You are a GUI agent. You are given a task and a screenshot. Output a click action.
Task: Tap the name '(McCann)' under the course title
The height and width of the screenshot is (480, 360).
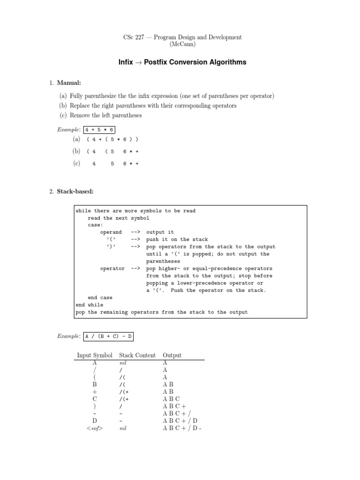pos(180,45)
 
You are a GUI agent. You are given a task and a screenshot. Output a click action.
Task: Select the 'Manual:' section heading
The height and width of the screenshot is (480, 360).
pos(69,83)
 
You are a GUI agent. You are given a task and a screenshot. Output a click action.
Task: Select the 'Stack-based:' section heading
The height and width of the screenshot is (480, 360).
pos(75,191)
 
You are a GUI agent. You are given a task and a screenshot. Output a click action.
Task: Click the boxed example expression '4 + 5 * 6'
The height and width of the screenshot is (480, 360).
pos(100,129)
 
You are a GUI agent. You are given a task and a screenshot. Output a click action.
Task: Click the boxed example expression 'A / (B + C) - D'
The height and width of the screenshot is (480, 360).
pos(109,336)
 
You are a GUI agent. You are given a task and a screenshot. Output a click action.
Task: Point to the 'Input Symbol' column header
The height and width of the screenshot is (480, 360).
pos(94,355)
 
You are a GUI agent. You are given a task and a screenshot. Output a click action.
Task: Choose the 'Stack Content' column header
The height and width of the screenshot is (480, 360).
pos(137,355)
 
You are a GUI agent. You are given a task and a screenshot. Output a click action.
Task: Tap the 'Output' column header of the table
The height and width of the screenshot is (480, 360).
pos(172,355)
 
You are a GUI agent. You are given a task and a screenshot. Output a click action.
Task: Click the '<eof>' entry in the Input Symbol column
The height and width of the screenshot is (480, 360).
pos(94,428)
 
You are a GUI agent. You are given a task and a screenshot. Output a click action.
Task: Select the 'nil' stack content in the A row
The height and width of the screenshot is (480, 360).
pos(124,363)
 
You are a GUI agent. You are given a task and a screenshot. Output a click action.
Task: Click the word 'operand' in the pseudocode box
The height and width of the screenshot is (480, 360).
pos(111,232)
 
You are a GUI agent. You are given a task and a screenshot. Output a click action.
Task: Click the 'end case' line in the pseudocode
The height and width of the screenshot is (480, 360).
pos(100,297)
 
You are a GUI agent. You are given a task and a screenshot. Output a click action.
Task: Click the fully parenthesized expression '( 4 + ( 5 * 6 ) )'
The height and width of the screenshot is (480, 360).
pos(112,139)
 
